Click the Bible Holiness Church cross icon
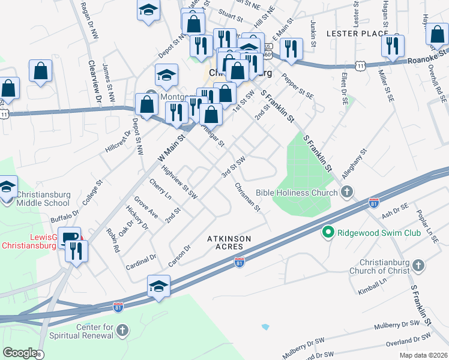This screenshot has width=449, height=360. pos(346,193)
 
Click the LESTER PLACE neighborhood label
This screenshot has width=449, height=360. pos(357,34)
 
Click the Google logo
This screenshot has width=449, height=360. pos(20,353)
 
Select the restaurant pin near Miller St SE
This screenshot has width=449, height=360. pos(393,46)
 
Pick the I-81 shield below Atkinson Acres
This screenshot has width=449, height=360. pos(239,263)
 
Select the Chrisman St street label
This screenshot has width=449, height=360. pos(248,198)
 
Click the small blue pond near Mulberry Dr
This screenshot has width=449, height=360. pos(265,327)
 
